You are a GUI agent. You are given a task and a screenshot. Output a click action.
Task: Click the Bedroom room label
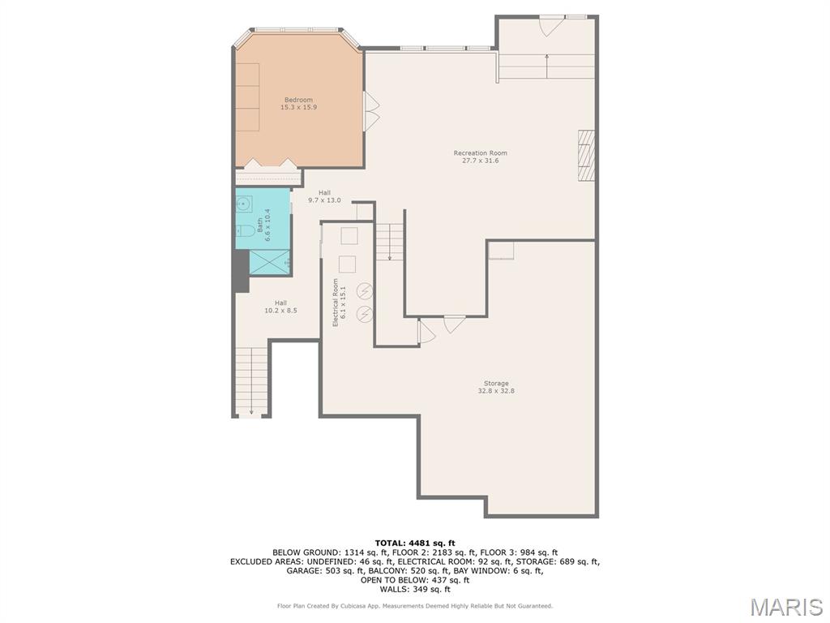[x=298, y=103]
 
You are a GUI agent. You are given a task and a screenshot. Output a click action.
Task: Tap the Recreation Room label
[x=480, y=157]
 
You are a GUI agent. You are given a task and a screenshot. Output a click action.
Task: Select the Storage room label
[x=496, y=387]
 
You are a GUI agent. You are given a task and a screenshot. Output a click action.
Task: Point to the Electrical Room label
[x=339, y=302]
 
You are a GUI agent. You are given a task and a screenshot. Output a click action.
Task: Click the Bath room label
[x=263, y=226]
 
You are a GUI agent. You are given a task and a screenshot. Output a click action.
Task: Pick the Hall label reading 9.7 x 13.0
[x=324, y=196]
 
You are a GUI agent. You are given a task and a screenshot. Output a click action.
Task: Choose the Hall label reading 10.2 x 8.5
[x=280, y=307]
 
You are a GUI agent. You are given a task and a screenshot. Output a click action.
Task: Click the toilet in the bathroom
[x=245, y=230]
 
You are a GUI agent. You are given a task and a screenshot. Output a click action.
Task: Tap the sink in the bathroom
[x=244, y=204]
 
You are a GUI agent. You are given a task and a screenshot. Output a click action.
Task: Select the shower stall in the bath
[x=269, y=262]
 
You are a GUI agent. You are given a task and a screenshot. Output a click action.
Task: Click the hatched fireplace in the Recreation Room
[x=586, y=156]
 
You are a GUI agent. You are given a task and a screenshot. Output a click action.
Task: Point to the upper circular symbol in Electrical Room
[x=364, y=291]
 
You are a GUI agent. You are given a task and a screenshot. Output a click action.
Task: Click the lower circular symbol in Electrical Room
[x=364, y=314]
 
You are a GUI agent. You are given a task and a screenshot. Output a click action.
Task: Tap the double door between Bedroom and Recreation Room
[x=371, y=110]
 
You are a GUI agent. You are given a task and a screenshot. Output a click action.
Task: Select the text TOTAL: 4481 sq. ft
[x=415, y=543]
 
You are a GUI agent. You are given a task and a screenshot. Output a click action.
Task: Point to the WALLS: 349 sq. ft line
[x=415, y=589]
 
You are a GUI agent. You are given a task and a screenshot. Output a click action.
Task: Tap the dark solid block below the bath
[x=242, y=271]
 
